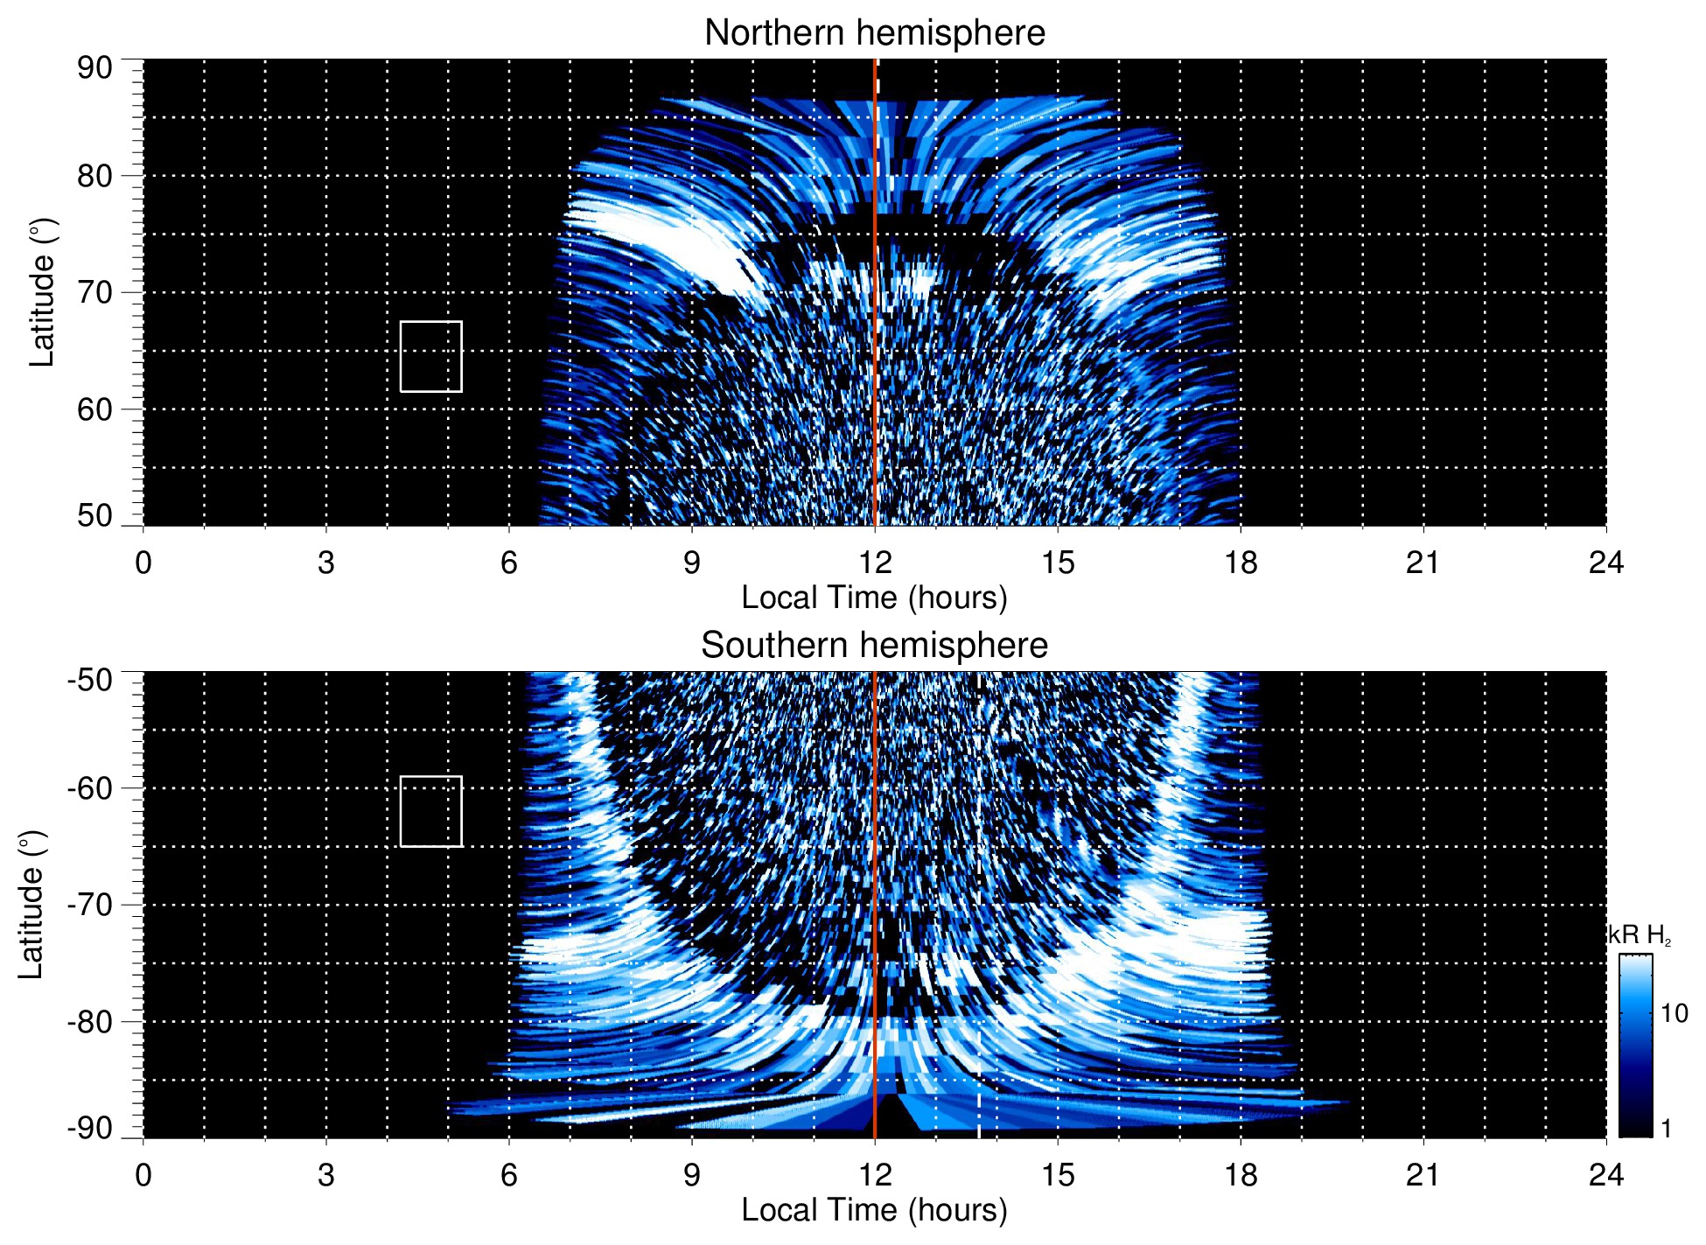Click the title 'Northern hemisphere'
[x=874, y=33]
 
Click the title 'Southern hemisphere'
[x=874, y=646]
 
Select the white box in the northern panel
[x=430, y=356]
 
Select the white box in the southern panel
[x=430, y=811]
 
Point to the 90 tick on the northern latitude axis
[x=94, y=68]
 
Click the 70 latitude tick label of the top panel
[x=94, y=292]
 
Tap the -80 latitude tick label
[x=90, y=1021]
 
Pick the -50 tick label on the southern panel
[x=90, y=680]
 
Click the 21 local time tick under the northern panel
[x=1423, y=563]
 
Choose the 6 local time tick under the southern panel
[x=508, y=1175]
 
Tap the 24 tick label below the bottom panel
[x=1605, y=1175]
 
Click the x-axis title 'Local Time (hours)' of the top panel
[x=874, y=598]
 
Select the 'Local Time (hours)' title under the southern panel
[x=874, y=1210]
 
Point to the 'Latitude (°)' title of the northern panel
[x=42, y=292]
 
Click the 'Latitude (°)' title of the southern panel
[x=31, y=905]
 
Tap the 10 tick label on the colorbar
[x=1674, y=1013]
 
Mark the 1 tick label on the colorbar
[x=1666, y=1129]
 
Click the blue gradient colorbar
[x=1634, y=1046]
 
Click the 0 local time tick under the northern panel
[x=143, y=563]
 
